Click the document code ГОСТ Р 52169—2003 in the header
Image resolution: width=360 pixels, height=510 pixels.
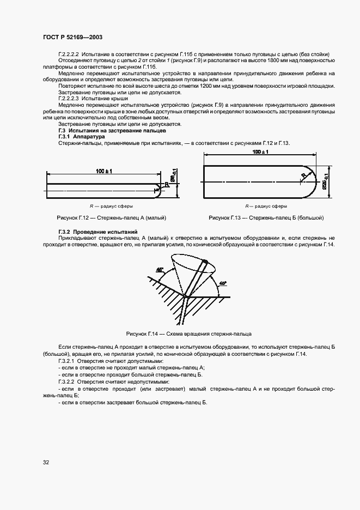tap(72, 38)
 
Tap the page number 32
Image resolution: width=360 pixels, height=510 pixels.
tap(46, 463)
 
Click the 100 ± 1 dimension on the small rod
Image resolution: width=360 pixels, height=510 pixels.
tap(103, 172)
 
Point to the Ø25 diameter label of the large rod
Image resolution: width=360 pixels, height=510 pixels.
tap(327, 180)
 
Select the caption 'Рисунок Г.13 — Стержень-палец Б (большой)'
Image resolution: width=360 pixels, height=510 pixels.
tap(266, 218)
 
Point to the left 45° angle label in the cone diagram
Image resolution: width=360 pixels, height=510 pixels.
tap(159, 270)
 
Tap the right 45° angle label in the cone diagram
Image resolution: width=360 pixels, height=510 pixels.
tap(222, 283)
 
